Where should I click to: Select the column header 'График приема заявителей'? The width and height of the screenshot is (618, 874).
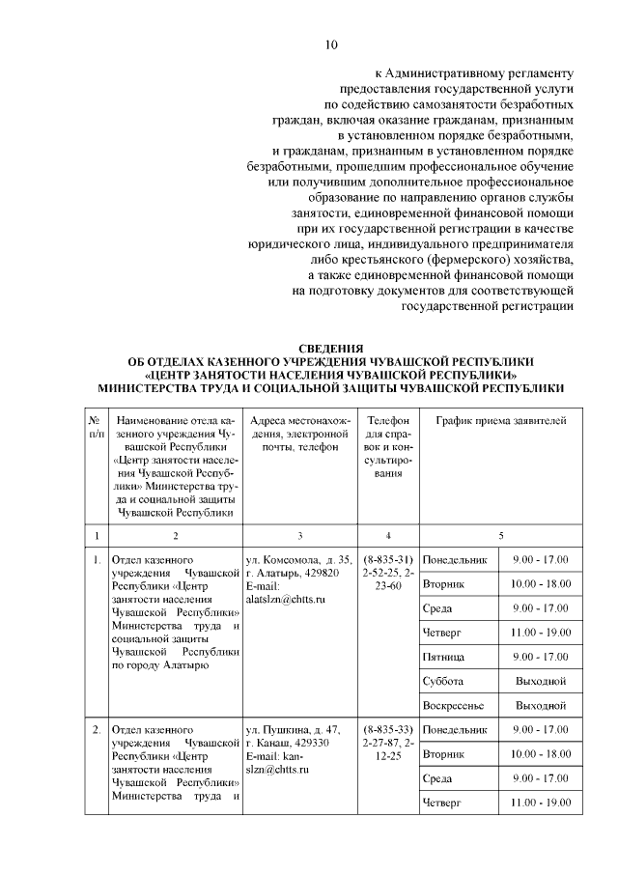[x=501, y=421]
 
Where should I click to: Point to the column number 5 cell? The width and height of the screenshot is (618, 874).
[x=501, y=535]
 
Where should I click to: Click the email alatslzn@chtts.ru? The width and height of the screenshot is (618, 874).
[x=287, y=599]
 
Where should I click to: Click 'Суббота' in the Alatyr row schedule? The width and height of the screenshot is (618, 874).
[x=445, y=682]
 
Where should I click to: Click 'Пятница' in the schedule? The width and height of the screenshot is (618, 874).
[x=445, y=658]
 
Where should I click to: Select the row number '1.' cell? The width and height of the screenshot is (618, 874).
[x=97, y=560]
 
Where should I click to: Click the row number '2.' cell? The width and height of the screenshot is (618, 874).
[x=97, y=728]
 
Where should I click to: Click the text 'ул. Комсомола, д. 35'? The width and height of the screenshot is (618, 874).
[x=299, y=560]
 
